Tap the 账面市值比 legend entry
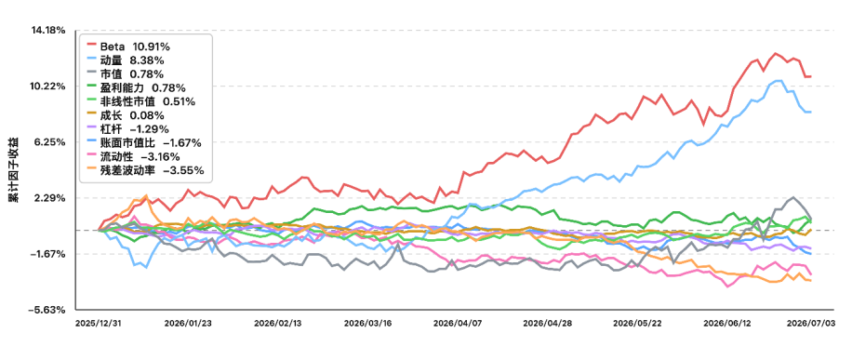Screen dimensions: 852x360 (x=143, y=143)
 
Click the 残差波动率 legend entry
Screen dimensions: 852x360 (x=144, y=171)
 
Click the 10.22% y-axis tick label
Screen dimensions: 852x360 (x=50, y=87)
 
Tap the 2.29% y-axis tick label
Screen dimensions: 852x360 (x=52, y=198)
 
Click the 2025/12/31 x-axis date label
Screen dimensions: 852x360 (x=99, y=323)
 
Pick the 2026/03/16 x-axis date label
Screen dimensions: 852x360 (x=367, y=323)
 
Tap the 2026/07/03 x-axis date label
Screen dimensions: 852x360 (x=810, y=323)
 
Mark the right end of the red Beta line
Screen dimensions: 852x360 (x=811, y=76)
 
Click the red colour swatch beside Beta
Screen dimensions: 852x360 (x=91, y=46)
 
